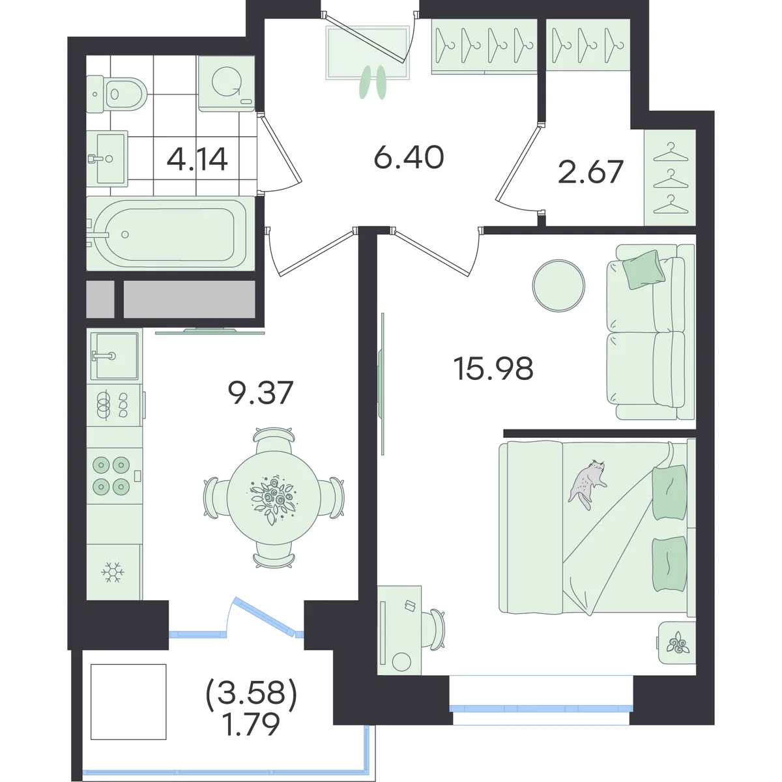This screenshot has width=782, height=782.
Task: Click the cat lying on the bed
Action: coord(588,484)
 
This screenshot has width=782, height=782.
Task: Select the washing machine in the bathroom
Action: coord(226,83)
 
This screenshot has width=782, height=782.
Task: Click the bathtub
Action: coord(171,234)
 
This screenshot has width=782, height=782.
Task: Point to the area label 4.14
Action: coord(197,159)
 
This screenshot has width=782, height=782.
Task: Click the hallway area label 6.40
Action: coord(409,157)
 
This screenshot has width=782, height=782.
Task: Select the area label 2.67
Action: coord(590,171)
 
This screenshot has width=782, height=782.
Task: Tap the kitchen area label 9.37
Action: coord(261,392)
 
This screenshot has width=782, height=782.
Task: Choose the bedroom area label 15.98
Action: coord(493,368)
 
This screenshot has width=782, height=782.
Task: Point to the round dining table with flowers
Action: coord(274,497)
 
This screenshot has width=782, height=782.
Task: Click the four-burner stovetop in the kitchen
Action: coord(114,476)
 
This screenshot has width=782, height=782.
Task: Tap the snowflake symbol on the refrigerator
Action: coord(113,572)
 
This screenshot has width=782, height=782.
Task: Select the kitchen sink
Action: coord(114,356)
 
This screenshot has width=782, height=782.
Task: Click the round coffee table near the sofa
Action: coord(558,285)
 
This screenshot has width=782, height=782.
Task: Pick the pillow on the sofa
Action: coord(644,269)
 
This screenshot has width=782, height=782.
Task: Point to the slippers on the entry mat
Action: coord(373,83)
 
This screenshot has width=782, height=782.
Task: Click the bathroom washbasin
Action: coord(108,158)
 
